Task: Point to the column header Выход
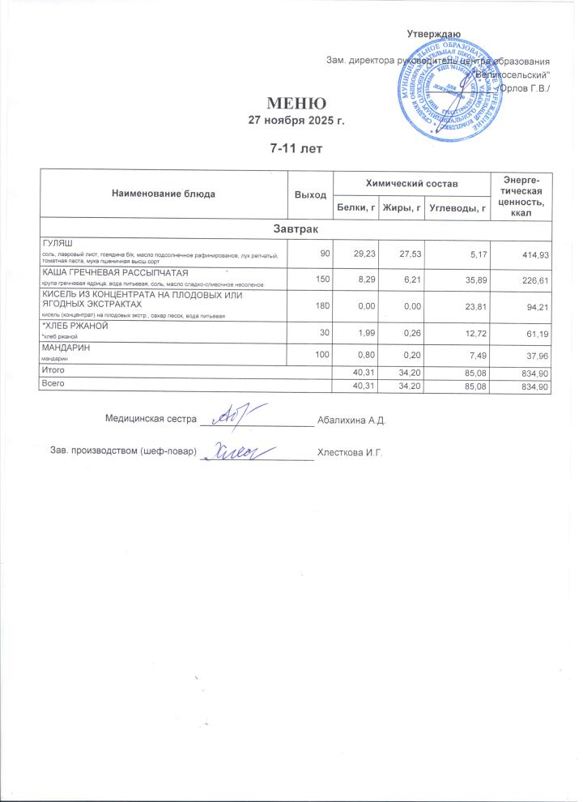310,195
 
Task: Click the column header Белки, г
357,210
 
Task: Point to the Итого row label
54,370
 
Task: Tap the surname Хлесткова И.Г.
349,451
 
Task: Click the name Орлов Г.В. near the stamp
525,87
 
